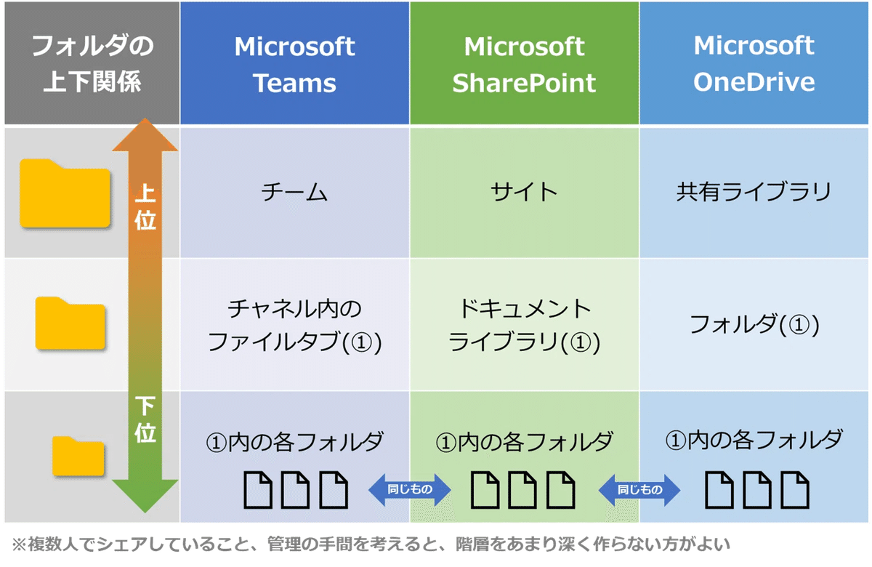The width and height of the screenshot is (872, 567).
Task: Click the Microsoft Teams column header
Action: coord(294,63)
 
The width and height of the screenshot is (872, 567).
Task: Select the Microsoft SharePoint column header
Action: coord(524,63)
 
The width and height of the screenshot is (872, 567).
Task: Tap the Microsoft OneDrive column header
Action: coord(754,63)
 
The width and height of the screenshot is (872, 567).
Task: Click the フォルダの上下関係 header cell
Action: coord(92,63)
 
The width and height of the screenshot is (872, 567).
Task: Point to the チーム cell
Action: coord(294,193)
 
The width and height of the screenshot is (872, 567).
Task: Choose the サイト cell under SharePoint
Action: coord(524,193)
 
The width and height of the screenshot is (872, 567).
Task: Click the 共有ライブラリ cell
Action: coord(754,193)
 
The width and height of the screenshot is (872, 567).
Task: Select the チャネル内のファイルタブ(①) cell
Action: coord(294,325)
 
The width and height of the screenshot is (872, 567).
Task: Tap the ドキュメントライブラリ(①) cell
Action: coord(524,325)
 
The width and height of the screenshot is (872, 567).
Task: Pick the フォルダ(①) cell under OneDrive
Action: coord(754,325)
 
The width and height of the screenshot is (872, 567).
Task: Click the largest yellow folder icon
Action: coord(65,193)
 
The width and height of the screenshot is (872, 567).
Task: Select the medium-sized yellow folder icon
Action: coord(70,323)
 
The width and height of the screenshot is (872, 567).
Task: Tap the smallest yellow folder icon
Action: coord(78,456)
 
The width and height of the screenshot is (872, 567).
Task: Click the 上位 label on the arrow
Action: coord(145,206)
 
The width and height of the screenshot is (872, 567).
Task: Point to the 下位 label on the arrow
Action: coord(145,419)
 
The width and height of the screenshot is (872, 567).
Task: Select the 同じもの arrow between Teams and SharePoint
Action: coord(410,489)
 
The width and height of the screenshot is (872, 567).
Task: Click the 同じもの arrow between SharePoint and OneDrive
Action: coord(639,489)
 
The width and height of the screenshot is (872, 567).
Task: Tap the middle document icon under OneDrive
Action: coord(756,490)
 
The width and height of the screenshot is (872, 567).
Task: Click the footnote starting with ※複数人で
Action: coord(371,544)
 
